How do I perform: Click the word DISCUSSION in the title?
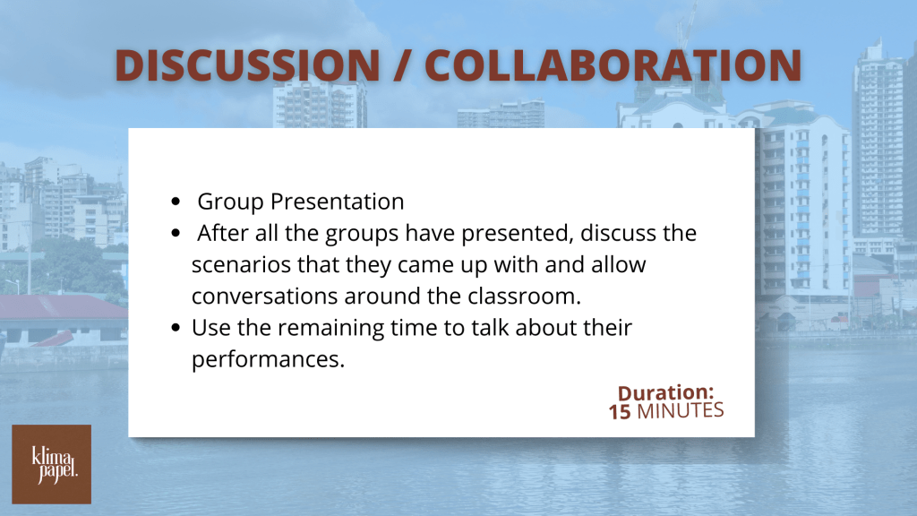pos(248,64)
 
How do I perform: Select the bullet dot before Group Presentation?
pos(176,202)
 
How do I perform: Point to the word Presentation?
pos(337,202)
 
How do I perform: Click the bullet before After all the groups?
pos(176,234)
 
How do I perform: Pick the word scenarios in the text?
pos(242,265)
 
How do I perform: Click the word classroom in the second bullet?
pos(524,296)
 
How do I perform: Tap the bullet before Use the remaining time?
pos(176,328)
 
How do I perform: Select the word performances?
pos(268,360)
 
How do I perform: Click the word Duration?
pos(665,392)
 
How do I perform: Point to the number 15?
pos(620,412)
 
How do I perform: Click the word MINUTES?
pos(681,410)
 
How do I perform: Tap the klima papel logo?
pos(51,465)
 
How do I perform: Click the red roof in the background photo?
pos(64,306)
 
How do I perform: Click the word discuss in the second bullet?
pos(619,234)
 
